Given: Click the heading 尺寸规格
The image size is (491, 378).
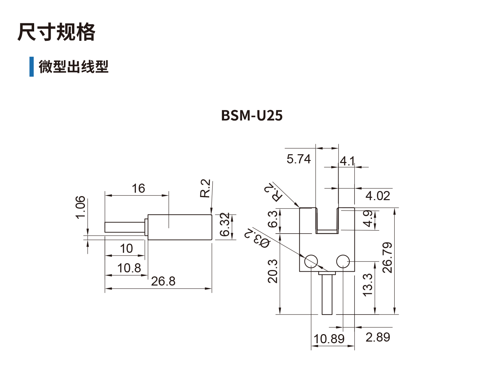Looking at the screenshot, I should (x=56, y=32).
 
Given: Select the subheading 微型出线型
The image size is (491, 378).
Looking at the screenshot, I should (x=73, y=66).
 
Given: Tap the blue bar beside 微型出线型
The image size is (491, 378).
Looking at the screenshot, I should (x=31, y=66).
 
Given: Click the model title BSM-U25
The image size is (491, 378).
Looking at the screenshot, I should (x=252, y=115).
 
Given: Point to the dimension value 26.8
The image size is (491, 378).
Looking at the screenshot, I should (x=163, y=281).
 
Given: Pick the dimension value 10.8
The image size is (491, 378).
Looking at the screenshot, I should (x=129, y=268).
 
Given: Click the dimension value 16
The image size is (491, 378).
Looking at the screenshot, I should (x=138, y=188).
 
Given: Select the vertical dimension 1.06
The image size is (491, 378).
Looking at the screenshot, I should (x=80, y=207).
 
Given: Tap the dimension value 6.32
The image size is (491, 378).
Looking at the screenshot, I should (x=225, y=224).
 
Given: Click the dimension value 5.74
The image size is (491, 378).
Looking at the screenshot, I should (x=298, y=159).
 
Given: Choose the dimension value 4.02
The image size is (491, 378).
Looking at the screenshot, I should (x=377, y=196).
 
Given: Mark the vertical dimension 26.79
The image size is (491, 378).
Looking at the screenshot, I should (x=388, y=257).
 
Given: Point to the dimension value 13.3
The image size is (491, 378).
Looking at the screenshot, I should (x=368, y=285).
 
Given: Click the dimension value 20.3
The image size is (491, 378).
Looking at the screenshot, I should (x=273, y=271).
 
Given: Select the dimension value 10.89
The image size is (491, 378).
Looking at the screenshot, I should (x=329, y=339).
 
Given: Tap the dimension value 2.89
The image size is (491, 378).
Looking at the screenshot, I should (x=377, y=337).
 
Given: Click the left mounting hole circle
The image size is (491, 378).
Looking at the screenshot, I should (x=311, y=261).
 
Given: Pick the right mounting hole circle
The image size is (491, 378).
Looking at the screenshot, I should (x=343, y=261).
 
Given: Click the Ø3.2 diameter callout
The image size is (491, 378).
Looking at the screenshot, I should (x=257, y=238).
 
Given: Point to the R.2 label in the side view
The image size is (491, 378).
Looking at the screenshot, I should (x=205, y=188).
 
